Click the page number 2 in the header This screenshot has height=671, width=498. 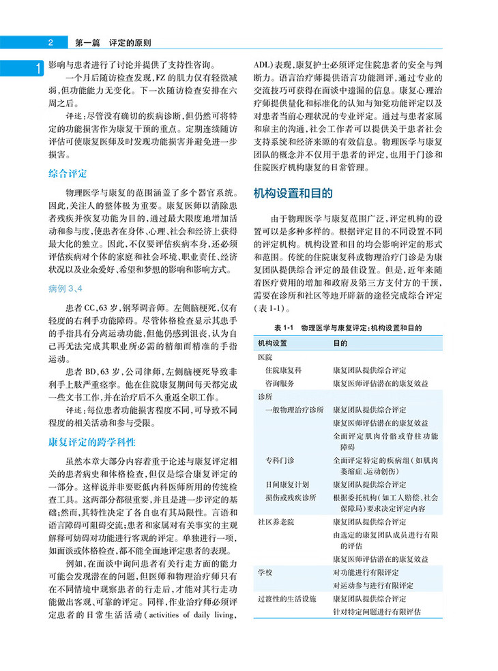click(50, 42)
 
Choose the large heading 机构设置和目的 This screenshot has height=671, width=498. click(293, 193)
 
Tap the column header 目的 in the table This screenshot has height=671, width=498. click(340, 341)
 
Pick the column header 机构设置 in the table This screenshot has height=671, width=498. click(273, 341)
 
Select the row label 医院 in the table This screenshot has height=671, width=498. click(264, 357)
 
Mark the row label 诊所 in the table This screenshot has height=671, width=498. click(264, 397)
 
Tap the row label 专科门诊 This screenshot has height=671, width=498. click(280, 462)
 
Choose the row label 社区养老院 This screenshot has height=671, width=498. click(275, 522)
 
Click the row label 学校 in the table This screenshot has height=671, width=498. click(264, 571)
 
